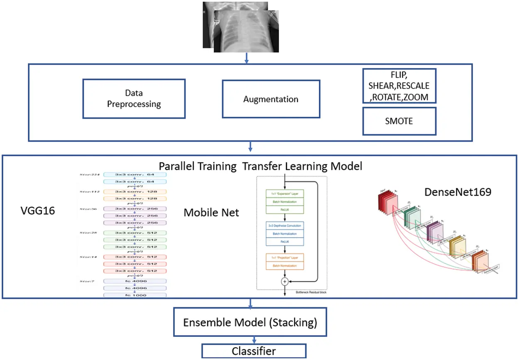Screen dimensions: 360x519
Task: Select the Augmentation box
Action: click(x=271, y=99)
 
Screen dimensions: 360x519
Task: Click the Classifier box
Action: click(x=254, y=351)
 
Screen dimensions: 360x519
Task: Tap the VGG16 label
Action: click(x=37, y=211)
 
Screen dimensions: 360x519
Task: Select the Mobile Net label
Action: click(x=211, y=213)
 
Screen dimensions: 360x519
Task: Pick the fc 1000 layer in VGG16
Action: click(x=135, y=295)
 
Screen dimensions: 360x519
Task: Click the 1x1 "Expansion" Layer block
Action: click(x=284, y=194)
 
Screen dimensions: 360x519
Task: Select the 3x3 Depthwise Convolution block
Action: click(x=284, y=225)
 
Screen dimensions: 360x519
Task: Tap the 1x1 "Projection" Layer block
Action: click(x=284, y=257)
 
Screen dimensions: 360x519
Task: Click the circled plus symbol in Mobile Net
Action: click(x=284, y=281)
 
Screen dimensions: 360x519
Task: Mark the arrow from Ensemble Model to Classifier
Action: click(x=250, y=340)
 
